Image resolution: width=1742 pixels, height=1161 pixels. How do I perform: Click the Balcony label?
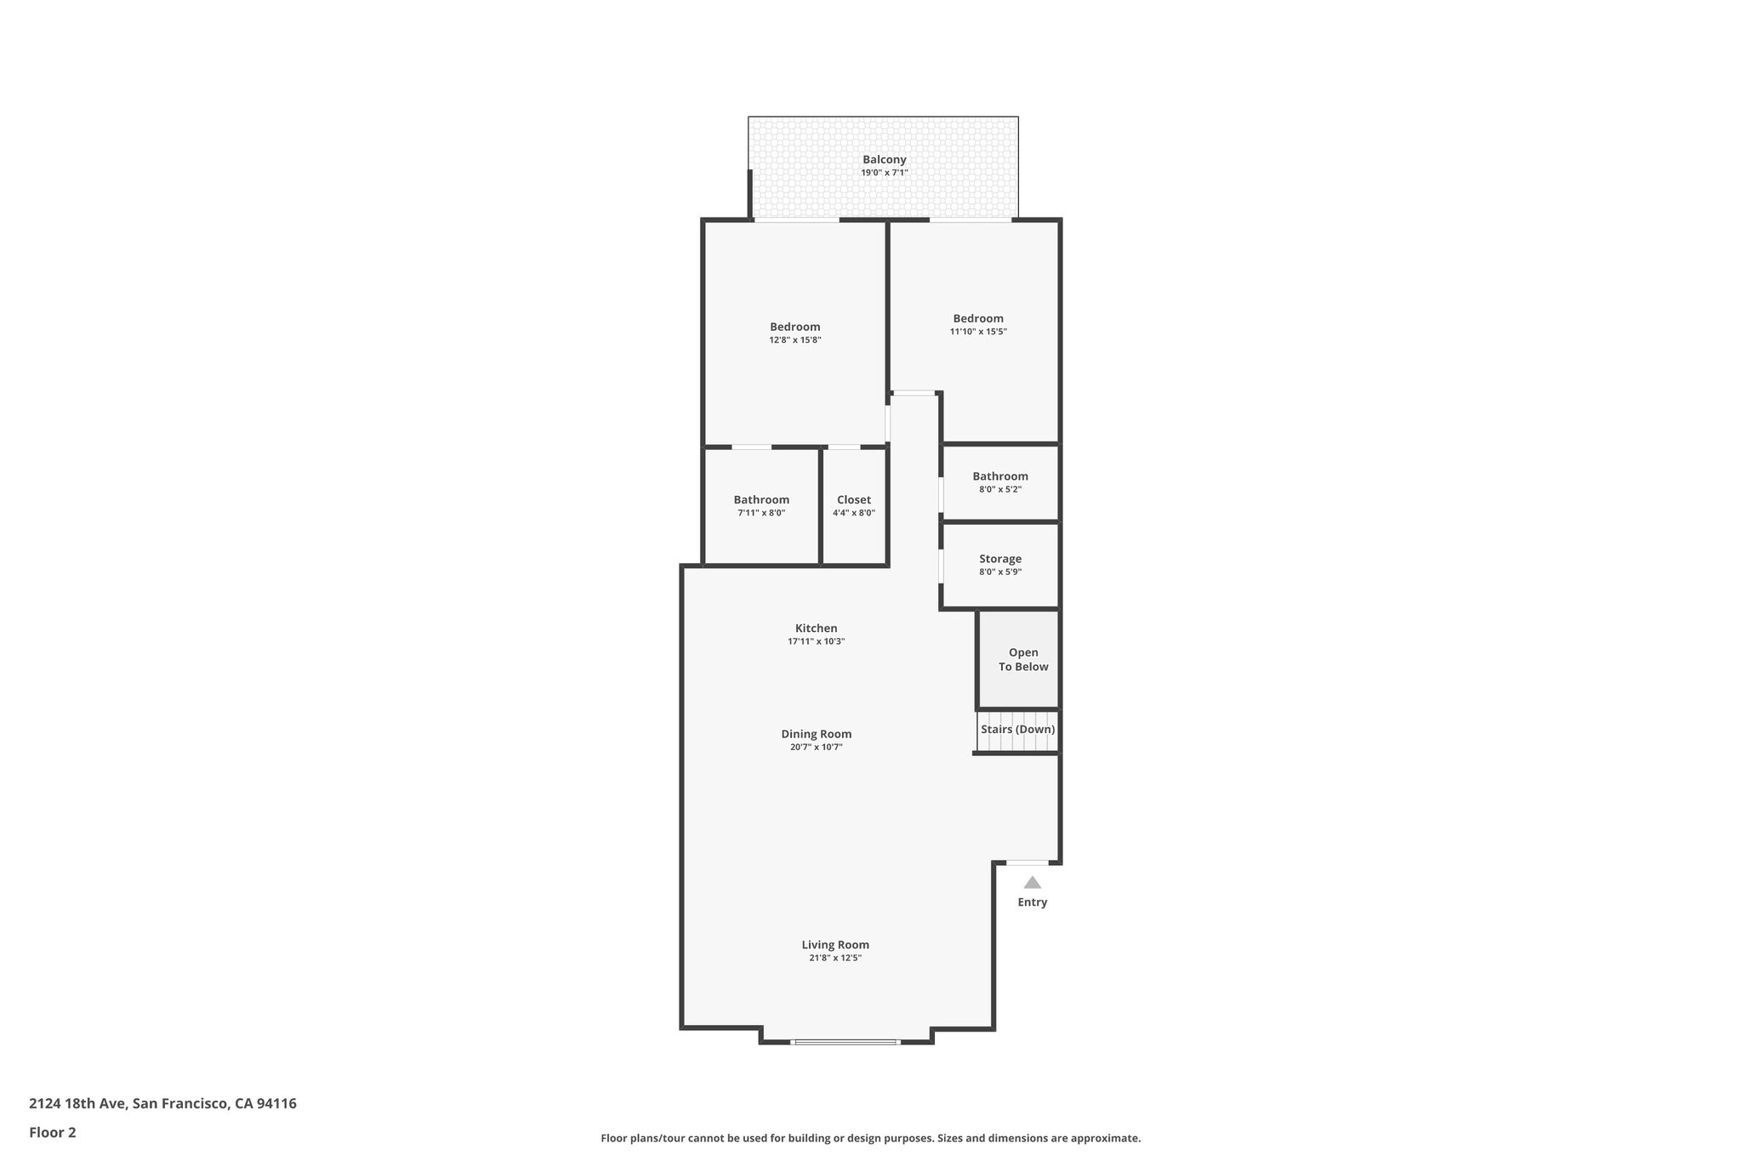884,159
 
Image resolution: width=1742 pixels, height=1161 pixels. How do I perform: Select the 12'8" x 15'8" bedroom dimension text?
794,340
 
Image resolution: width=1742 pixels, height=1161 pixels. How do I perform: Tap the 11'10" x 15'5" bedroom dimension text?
978,332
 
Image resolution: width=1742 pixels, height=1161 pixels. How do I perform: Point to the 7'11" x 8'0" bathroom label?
761,500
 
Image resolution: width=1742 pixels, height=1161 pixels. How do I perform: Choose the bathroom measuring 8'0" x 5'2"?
1000,482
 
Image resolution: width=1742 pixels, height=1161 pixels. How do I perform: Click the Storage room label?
1000,559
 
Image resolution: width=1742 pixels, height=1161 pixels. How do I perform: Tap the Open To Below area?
1022,660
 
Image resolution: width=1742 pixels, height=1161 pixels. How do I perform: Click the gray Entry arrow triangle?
1032,883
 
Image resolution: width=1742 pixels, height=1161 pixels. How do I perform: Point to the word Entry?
1032,902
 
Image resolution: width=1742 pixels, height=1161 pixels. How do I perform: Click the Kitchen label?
816,629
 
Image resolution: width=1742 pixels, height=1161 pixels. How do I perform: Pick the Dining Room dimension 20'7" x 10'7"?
816,748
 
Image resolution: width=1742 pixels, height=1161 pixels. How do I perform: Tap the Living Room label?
834,944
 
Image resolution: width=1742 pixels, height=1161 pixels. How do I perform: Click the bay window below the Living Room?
845,1041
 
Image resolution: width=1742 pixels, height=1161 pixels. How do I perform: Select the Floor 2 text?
53,1132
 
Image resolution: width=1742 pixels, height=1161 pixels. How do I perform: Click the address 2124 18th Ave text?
162,1103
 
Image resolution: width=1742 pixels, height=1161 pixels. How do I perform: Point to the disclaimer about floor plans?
870,1138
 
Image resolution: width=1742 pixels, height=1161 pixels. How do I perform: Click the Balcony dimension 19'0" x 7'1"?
884,173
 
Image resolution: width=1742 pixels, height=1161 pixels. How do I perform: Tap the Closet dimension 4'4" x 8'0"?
853,513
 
